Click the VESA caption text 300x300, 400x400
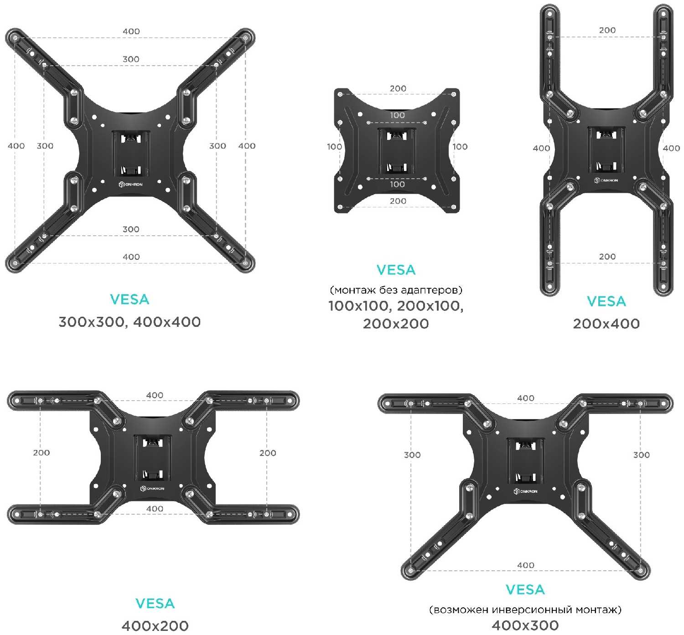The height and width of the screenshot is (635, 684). click(130, 322)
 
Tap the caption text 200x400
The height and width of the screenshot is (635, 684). click(606, 324)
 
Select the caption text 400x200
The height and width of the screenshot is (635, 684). click(155, 626)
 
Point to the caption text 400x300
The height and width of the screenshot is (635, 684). click(525, 625)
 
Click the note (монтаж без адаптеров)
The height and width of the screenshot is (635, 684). click(396, 290)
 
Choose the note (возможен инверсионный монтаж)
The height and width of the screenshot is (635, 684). click(525, 609)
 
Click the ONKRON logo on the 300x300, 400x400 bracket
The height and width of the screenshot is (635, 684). click(130, 184)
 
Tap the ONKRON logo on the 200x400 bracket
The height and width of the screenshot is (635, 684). click(606, 180)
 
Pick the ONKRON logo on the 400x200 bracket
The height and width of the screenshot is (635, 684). click(152, 488)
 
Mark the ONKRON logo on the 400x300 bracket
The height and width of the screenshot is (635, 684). click(526, 491)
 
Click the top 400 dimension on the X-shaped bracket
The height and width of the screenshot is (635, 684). click(131, 31)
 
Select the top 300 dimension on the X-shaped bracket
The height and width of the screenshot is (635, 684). click(131, 59)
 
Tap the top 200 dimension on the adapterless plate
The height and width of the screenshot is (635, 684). click(398, 88)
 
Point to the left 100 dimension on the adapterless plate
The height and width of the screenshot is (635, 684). click(334, 146)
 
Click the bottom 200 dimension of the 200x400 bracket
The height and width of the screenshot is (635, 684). click(607, 257)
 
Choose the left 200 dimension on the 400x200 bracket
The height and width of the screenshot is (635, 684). click(41, 453)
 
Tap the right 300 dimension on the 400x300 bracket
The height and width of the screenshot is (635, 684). click(641, 454)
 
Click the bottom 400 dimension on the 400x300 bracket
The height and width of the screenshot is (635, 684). click(525, 565)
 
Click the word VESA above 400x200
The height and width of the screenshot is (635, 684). click(155, 604)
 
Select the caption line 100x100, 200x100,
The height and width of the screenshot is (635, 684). click(396, 306)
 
